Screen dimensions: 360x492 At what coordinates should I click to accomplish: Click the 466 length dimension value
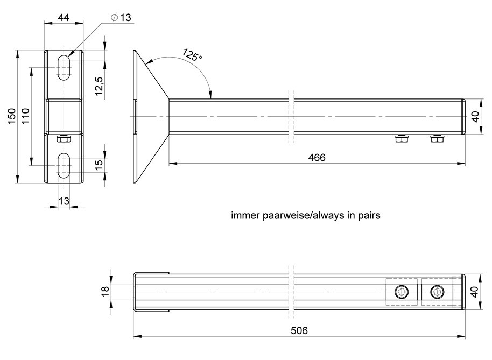(317, 157)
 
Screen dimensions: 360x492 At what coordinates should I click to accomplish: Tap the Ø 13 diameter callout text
(121, 17)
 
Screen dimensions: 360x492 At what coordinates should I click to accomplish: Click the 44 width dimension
(64, 17)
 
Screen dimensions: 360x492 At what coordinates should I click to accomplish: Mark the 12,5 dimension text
(99, 86)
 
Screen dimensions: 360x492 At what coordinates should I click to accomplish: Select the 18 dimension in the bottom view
(106, 291)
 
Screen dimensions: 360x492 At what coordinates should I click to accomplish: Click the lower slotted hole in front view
(64, 165)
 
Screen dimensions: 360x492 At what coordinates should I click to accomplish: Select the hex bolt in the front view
(63, 139)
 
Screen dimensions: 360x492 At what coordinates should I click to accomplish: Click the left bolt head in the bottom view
(402, 292)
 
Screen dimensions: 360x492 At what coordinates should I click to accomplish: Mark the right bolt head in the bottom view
(437, 292)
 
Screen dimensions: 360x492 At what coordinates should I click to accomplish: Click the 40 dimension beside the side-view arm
(475, 116)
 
